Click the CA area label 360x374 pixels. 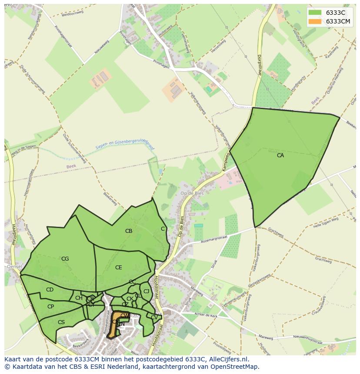point(280,155)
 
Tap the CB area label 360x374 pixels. point(129,231)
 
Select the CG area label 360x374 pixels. point(65,259)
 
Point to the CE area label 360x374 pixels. point(119,268)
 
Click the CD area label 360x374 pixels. point(50,290)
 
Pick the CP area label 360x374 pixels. point(50,307)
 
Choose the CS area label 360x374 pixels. point(61,322)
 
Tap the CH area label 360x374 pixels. point(79,298)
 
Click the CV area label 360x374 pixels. point(154,318)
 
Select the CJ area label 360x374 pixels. point(146,291)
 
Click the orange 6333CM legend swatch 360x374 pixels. point(315,21)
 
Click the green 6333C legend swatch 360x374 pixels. point(315,13)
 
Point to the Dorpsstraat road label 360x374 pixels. point(260,65)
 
